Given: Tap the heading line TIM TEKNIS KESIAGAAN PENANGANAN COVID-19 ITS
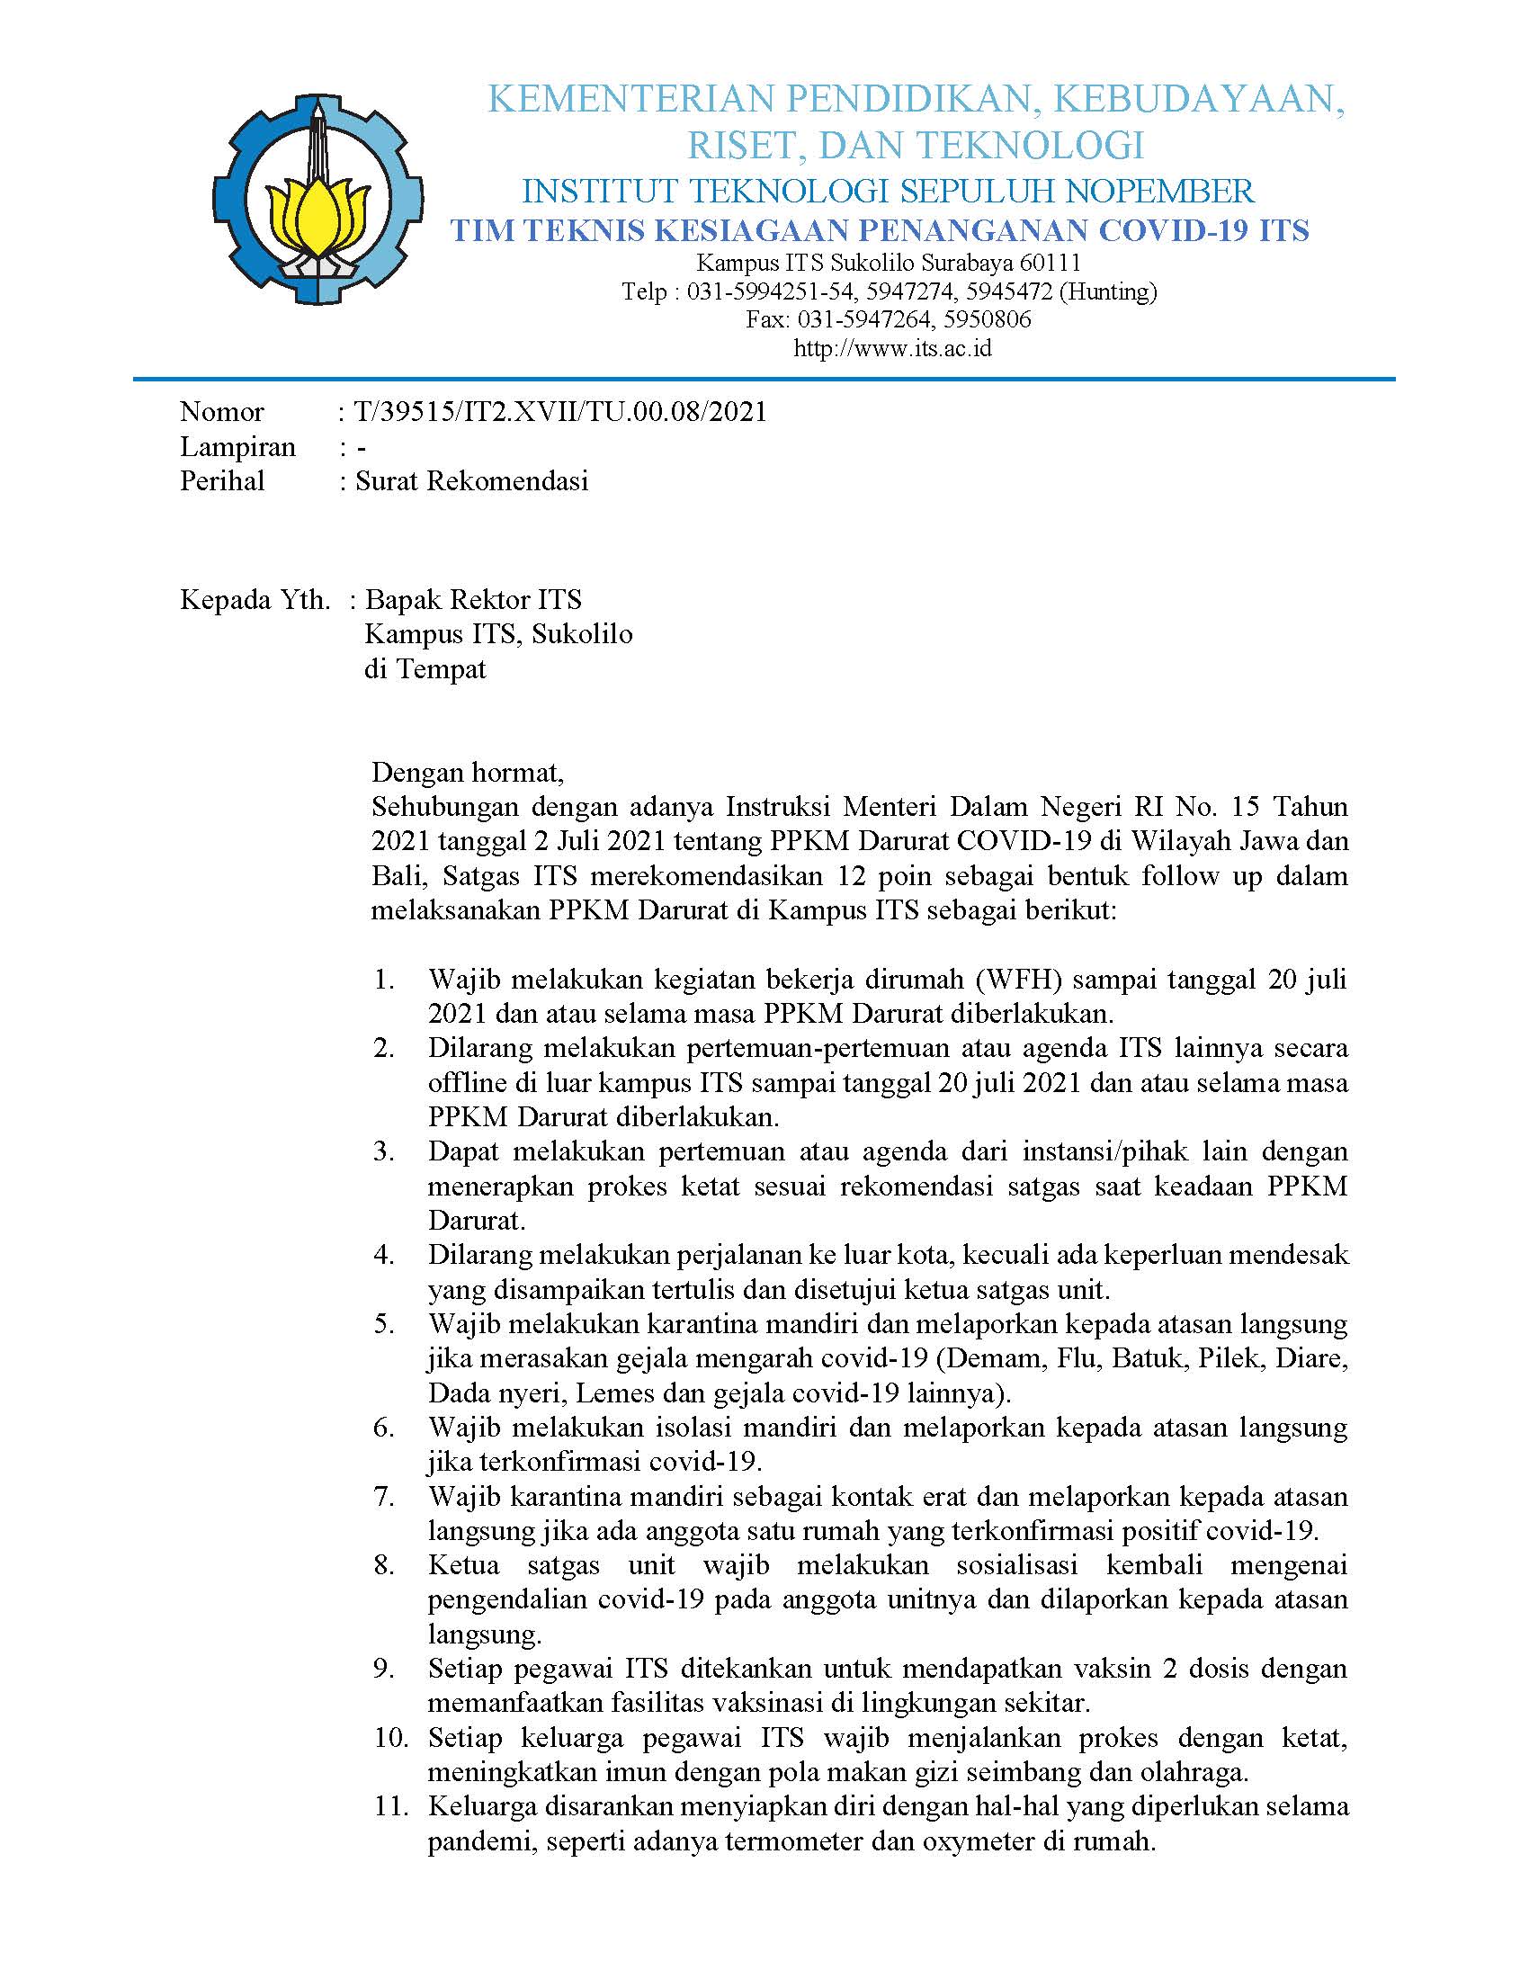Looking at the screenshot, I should tap(881, 230).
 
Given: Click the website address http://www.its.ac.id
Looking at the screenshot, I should tap(892, 347).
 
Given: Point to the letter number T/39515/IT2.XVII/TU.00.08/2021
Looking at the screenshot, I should tap(560, 411).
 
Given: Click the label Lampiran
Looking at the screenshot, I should tap(237, 447).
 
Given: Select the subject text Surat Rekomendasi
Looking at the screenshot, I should tap(471, 480).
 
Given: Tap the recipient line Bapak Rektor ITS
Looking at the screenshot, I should tap(473, 599).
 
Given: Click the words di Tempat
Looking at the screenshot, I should tap(425, 668).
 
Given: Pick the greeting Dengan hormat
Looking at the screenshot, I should tap(468, 772).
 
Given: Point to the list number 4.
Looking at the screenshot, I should tap(384, 1255).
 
